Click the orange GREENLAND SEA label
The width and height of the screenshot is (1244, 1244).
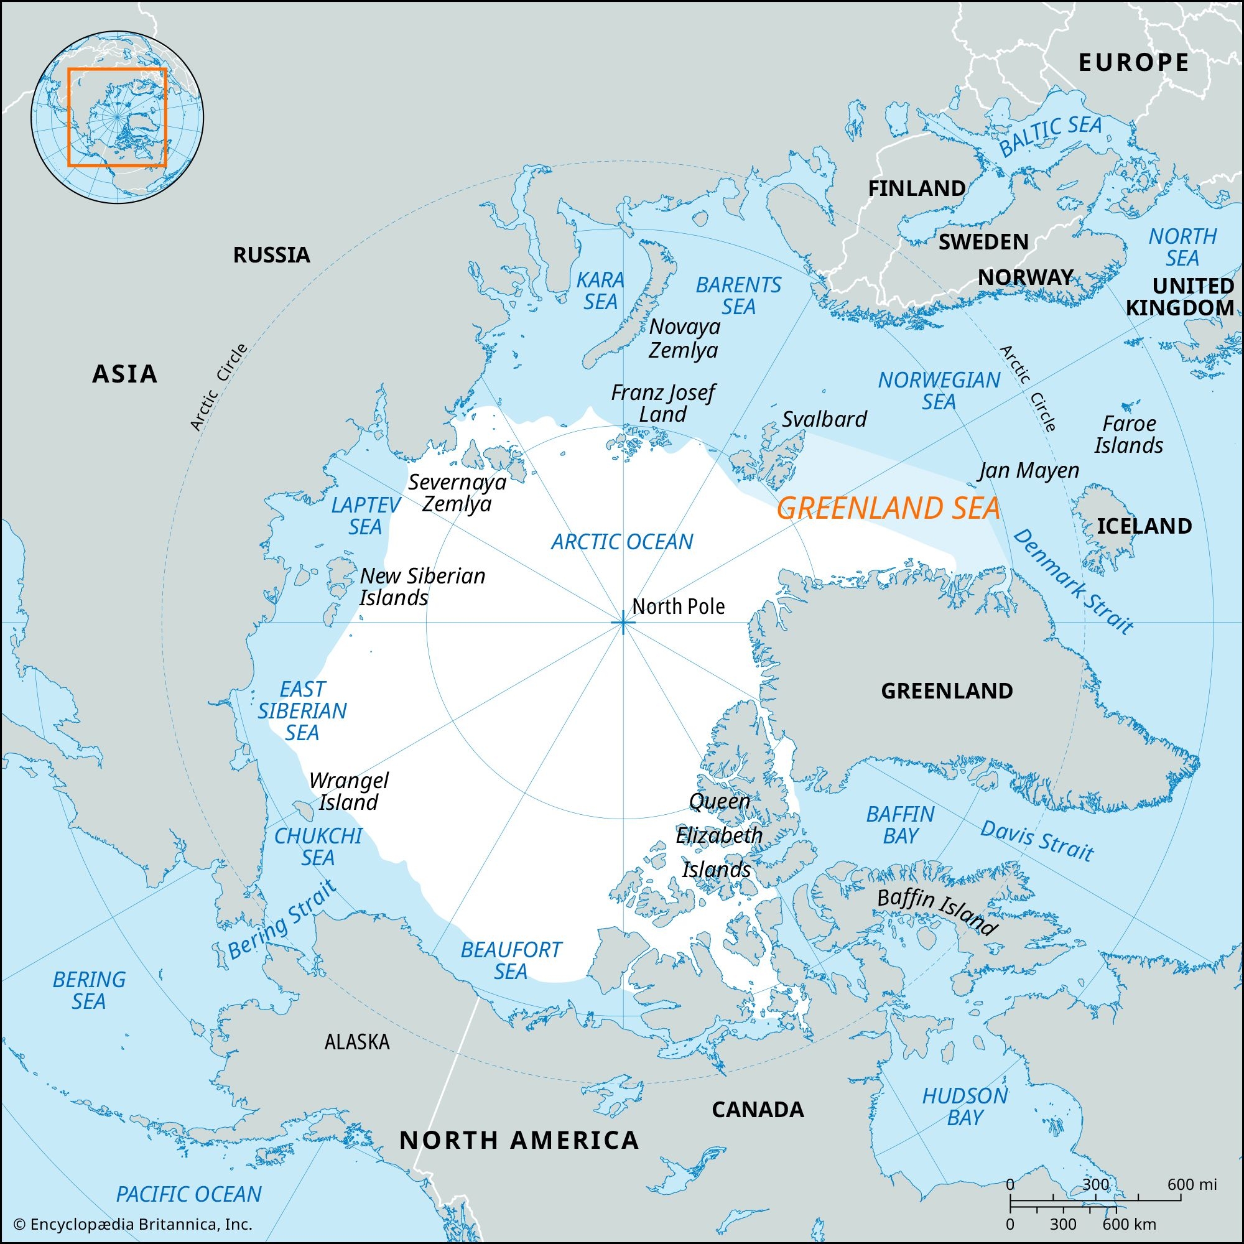pos(888,509)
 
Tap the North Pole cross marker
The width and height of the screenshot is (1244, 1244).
pos(623,623)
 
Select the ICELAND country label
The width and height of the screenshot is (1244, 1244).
pos(1144,526)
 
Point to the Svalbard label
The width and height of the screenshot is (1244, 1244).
pos(824,419)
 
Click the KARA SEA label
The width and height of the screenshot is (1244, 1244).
pos(600,290)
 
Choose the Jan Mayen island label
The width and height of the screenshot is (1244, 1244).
pos(1028,470)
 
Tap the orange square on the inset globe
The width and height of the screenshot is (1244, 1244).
pos(117,117)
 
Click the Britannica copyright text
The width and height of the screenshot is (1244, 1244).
pos(132,1224)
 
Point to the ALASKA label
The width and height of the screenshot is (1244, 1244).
pos(356,1041)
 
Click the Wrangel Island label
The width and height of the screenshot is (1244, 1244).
pos(348,791)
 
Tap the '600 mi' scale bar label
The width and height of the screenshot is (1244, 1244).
pos(1192,1184)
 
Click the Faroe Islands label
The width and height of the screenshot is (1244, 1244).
pos(1129,435)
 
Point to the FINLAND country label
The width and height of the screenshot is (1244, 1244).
pos(916,188)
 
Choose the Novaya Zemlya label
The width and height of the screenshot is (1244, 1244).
pos(684,338)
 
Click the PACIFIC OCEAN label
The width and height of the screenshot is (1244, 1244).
pos(188,1194)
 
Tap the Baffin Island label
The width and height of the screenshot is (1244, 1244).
pos(937,912)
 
